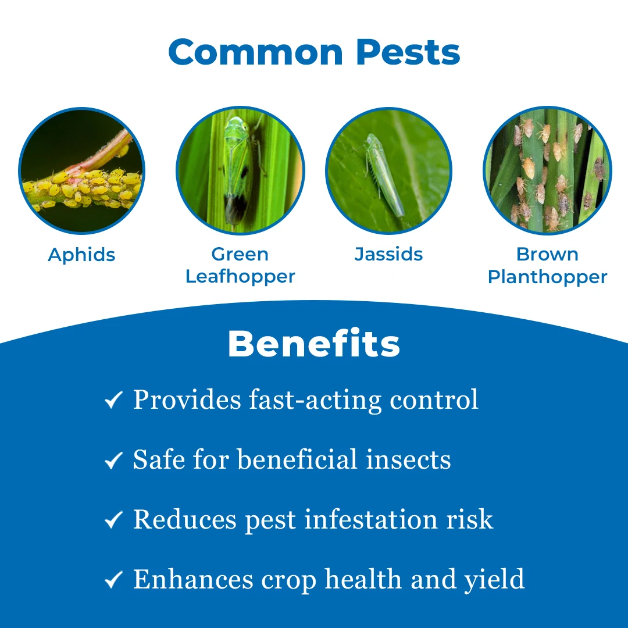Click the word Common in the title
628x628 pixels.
pyautogui.click(x=255, y=52)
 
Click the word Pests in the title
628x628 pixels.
pyautogui.click(x=408, y=52)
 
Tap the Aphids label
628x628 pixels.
pyautogui.click(x=82, y=255)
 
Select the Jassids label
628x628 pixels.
pyautogui.click(x=388, y=254)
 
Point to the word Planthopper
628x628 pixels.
pyautogui.click(x=548, y=277)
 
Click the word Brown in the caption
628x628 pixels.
pyautogui.click(x=548, y=254)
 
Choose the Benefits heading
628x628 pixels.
pyautogui.click(x=314, y=344)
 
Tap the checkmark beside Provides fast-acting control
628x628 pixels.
pyautogui.click(x=113, y=400)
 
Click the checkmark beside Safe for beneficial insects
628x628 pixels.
pyautogui.click(x=113, y=460)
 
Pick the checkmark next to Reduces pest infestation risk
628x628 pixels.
pyautogui.click(x=113, y=520)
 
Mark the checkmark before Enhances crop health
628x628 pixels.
pyautogui.click(x=113, y=580)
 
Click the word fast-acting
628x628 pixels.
pyautogui.click(x=315, y=400)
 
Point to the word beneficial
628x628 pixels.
pyautogui.click(x=297, y=459)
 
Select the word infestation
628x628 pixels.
pyautogui.click(x=371, y=519)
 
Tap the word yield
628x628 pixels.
pyautogui.click(x=494, y=580)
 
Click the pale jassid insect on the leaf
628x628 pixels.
pyautogui.click(x=383, y=174)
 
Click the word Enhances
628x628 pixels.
pyautogui.click(x=193, y=579)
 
